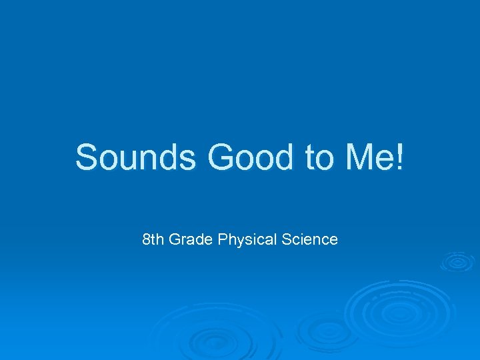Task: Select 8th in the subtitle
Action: [153, 239]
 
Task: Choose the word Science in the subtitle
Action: [309, 239]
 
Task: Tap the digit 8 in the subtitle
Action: [147, 239]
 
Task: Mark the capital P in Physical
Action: [222, 239]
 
